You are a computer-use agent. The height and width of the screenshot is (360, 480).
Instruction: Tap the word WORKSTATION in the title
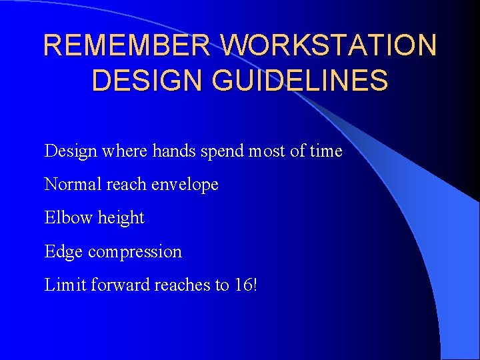(x=329, y=45)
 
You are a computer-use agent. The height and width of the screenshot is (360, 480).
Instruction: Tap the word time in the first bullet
(x=326, y=151)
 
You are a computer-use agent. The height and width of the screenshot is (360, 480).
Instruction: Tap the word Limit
(x=65, y=285)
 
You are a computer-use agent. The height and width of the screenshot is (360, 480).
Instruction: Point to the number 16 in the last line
(x=242, y=285)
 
